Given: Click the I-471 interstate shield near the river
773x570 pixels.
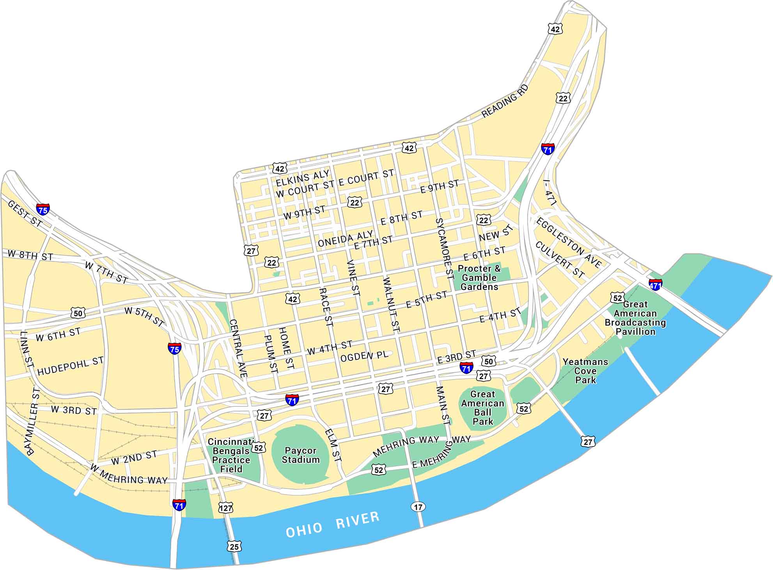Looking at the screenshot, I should pyautogui.click(x=656, y=284).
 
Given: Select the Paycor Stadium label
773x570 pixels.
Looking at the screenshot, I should pyautogui.click(x=300, y=455).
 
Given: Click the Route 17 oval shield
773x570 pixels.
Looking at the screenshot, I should pyautogui.click(x=418, y=507).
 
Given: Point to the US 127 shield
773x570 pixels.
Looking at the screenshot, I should pyautogui.click(x=225, y=508).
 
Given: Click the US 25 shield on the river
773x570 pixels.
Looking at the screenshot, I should pyautogui.click(x=234, y=547).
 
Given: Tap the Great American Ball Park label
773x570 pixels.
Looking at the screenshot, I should pyautogui.click(x=483, y=408).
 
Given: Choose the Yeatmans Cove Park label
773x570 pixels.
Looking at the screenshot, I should pyautogui.click(x=585, y=371).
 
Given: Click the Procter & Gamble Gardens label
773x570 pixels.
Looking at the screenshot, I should pyautogui.click(x=479, y=278).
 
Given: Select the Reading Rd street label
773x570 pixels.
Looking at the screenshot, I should pyautogui.click(x=505, y=101).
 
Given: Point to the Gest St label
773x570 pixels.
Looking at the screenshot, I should pyautogui.click(x=25, y=214).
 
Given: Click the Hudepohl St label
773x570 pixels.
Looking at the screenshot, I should pyautogui.click(x=71, y=366).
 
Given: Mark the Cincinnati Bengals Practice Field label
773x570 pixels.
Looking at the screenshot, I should pyautogui.click(x=231, y=455).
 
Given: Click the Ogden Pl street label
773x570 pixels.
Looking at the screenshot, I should pyautogui.click(x=364, y=356).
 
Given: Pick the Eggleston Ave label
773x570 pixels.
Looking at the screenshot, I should pyautogui.click(x=569, y=242).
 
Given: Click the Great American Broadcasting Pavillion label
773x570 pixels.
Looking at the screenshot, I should pyautogui.click(x=635, y=318).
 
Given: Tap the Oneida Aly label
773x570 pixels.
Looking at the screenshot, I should pyautogui.click(x=345, y=239).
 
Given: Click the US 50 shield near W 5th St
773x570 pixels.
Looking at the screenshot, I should pyautogui.click(x=78, y=312).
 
